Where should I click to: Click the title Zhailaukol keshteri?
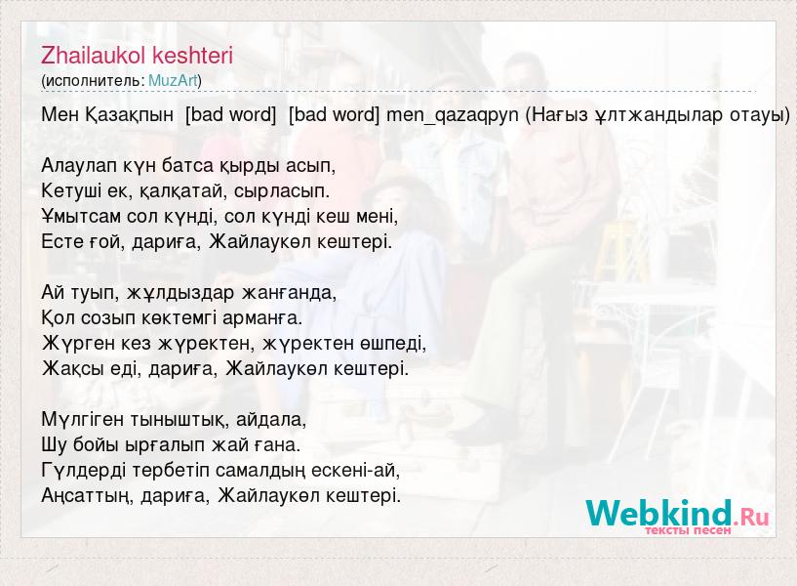[137, 56]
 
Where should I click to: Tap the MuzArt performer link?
[173, 80]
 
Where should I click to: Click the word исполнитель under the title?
[95, 80]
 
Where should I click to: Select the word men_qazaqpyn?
[453, 115]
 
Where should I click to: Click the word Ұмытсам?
[81, 217]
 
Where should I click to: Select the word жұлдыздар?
[181, 293]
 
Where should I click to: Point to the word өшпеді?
[393, 344]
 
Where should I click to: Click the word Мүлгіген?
[82, 420]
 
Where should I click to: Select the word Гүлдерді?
[83, 471]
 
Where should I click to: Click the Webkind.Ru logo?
[677, 514]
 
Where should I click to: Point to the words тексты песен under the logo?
[688, 530]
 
